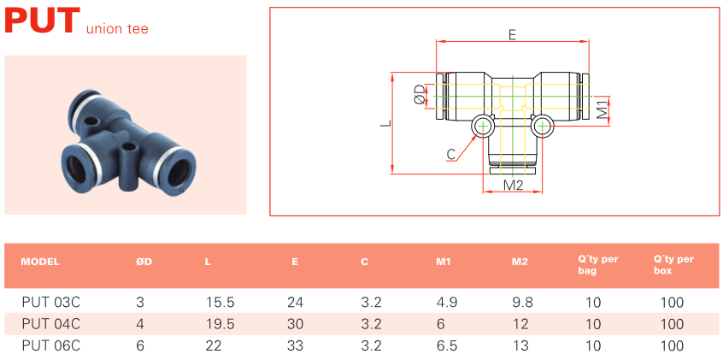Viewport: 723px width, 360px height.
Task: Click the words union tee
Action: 117,28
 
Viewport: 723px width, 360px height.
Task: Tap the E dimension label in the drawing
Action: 512,35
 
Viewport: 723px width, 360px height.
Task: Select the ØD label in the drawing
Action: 419,94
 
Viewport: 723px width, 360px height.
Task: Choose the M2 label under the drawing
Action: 513,185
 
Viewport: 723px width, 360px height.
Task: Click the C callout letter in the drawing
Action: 451,155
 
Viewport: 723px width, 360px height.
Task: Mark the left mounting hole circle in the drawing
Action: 482,126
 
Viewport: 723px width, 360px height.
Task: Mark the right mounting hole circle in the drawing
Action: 543,126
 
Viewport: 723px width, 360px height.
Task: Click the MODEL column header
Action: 40,263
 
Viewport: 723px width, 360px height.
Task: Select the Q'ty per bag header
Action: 598,265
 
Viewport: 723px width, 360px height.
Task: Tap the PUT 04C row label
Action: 50,324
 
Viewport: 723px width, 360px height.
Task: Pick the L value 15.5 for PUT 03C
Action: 220,303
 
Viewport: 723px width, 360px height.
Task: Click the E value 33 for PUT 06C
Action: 295,345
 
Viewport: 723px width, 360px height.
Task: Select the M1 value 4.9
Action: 447,303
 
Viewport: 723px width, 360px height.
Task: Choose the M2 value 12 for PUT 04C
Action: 520,324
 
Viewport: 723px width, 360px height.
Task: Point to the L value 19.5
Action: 220,324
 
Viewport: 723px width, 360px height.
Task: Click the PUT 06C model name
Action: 50,345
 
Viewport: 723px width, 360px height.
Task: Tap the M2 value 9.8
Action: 522,303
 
